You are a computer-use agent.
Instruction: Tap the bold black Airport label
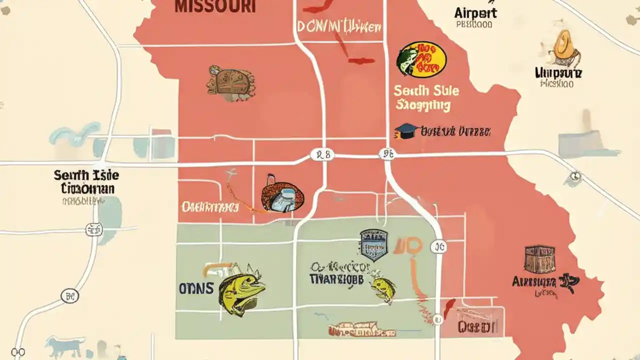click(x=475, y=12)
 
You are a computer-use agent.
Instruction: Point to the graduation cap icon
click(x=405, y=131)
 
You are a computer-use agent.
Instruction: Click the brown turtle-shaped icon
click(x=231, y=82)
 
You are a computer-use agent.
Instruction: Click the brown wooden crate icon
click(x=539, y=258)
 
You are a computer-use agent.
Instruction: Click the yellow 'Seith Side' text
click(x=426, y=91)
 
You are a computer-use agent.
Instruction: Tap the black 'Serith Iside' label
click(x=86, y=175)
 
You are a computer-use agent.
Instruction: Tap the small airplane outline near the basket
click(x=231, y=175)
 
